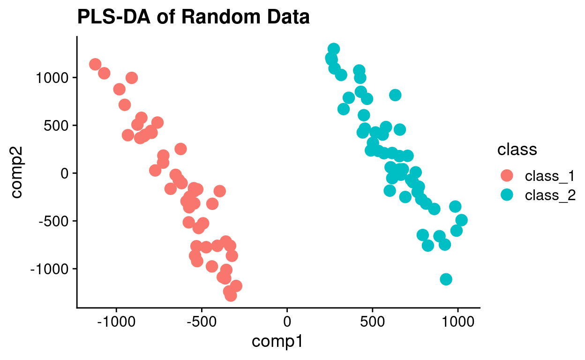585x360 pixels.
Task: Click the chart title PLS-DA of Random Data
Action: [x=193, y=17]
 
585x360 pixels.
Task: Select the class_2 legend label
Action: [x=550, y=195]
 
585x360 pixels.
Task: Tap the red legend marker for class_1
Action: [x=507, y=176]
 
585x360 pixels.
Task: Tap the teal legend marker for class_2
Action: [x=507, y=195]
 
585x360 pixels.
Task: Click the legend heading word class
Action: [x=517, y=150]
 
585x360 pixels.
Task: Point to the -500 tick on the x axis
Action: [x=202, y=323]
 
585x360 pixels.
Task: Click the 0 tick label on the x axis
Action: [x=287, y=323]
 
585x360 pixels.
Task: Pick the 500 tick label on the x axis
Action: [x=373, y=323]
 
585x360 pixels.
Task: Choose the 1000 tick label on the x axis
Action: [x=458, y=323]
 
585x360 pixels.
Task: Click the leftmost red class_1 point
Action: [x=95, y=64]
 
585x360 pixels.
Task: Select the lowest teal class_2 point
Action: [x=446, y=279]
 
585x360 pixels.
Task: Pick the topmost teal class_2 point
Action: [x=334, y=49]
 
